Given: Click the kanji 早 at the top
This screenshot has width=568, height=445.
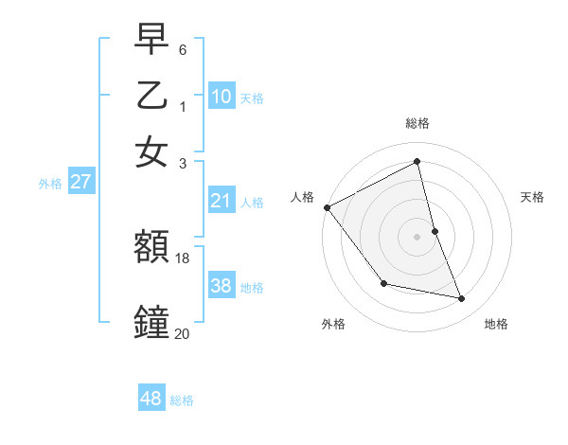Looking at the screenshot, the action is (151, 39).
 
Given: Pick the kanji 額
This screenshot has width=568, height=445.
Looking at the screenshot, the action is (151, 248).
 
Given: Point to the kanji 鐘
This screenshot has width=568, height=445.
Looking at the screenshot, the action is (151, 323).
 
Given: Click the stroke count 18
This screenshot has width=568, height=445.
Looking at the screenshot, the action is (184, 258).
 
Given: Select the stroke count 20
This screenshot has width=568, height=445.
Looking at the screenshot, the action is (183, 333).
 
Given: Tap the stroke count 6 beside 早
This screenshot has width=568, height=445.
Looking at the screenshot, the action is (183, 49).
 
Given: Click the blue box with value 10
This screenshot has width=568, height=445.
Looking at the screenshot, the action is (222, 96).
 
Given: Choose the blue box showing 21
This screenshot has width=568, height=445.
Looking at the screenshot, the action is (222, 201).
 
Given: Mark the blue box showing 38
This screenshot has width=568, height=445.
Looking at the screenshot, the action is (222, 286).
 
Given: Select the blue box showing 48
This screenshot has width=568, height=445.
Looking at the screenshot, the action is (151, 399).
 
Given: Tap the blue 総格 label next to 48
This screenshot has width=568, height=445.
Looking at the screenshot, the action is (182, 400).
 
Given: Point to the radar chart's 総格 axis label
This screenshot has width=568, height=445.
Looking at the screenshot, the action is (417, 123).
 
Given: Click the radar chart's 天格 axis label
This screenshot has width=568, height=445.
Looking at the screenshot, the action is (533, 197).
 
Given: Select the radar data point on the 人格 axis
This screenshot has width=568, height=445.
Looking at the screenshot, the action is (328, 207).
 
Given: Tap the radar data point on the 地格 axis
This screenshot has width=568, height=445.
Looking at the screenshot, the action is (462, 298).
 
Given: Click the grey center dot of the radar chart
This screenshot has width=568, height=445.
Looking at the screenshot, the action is (417, 237).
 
